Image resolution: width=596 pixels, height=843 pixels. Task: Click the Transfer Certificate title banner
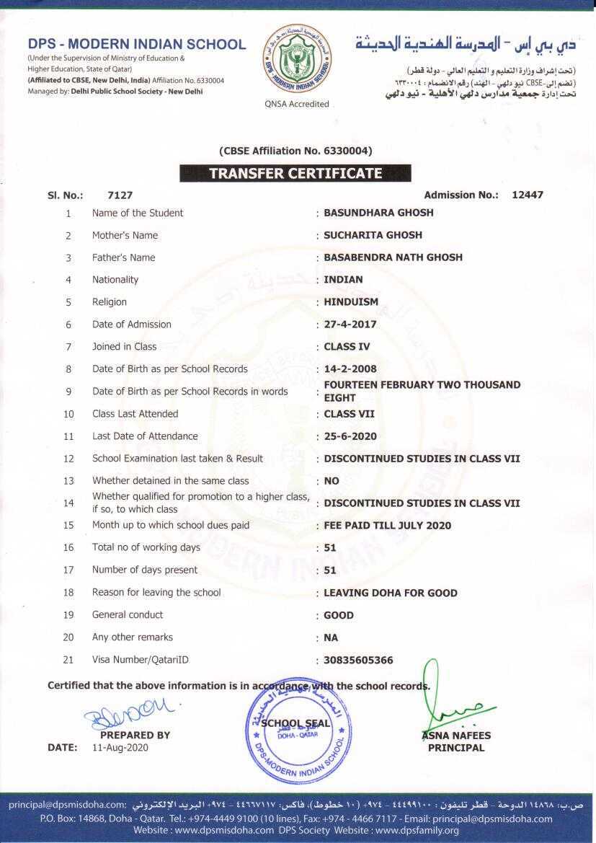[295, 173]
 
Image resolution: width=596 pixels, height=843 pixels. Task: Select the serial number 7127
[120, 195]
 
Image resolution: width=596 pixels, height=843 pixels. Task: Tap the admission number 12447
[528, 195]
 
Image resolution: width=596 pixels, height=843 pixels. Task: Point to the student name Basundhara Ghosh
[378, 213]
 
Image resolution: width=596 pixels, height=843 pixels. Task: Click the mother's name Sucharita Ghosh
[373, 235]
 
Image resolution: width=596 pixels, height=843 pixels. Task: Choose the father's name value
[393, 257]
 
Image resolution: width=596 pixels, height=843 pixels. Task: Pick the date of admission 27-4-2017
[350, 325]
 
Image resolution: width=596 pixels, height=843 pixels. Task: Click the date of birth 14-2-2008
[350, 369]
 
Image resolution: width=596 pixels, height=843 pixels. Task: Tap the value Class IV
[347, 347]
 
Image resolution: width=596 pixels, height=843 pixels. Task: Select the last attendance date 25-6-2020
[350, 436]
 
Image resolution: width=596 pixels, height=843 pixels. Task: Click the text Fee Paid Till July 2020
[387, 526]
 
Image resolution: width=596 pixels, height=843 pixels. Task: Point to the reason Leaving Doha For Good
[391, 593]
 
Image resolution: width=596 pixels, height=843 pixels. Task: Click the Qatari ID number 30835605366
[358, 660]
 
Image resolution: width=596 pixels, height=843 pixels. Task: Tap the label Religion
[110, 302]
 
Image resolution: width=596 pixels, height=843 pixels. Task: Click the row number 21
[68, 660]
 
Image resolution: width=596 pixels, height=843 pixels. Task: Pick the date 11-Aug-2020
[120, 748]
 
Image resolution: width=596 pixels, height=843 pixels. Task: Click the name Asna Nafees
[456, 736]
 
